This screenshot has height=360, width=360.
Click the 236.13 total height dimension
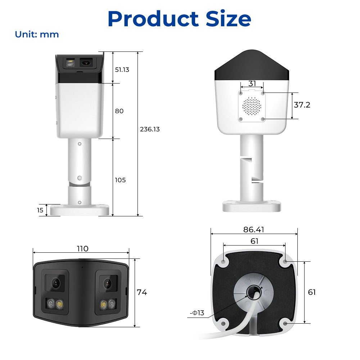[x=150, y=129]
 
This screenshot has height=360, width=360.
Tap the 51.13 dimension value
[x=122, y=69]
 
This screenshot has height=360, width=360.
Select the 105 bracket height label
[x=120, y=180]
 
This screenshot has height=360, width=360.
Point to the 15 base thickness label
[x=40, y=210]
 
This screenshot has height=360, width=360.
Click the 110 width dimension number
[x=82, y=249]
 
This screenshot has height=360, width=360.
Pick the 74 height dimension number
[x=141, y=292]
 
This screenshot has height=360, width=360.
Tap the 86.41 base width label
[x=254, y=230]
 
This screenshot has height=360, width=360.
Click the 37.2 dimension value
[x=302, y=105]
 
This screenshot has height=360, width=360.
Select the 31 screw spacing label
[x=252, y=84]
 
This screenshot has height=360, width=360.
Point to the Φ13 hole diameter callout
[x=197, y=313]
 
